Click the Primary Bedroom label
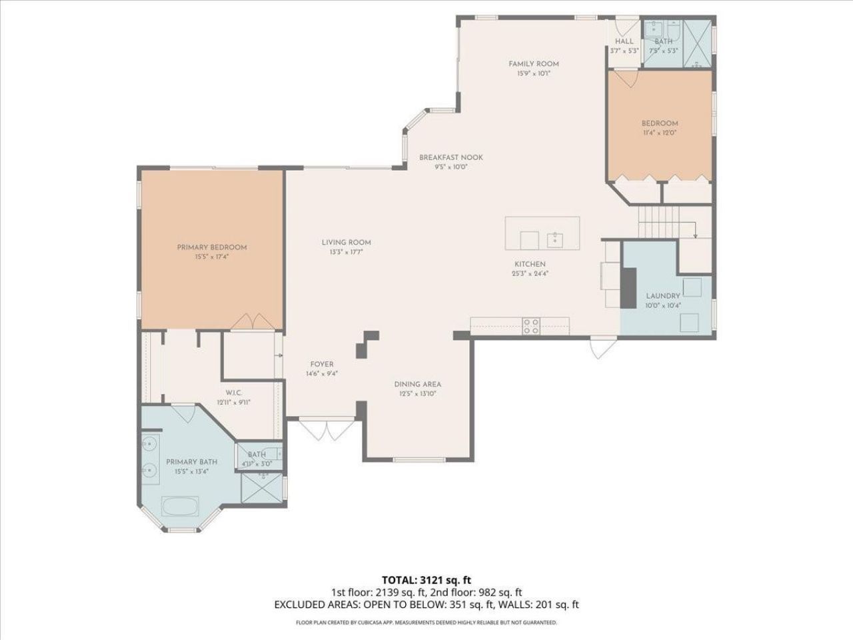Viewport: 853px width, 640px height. [x=211, y=247]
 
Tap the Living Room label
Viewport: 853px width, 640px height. [x=346, y=243]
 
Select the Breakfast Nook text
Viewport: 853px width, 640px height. [x=450, y=157]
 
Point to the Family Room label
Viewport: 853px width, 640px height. [x=533, y=64]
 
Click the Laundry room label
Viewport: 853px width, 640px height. [x=662, y=296]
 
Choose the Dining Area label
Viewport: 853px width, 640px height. [x=417, y=384]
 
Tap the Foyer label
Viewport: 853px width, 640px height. [x=321, y=365]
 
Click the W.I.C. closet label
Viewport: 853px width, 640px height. [x=233, y=393]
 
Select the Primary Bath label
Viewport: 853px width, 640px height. [x=191, y=462]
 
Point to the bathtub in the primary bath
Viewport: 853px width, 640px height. [x=180, y=506]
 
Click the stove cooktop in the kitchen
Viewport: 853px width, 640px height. [x=531, y=326]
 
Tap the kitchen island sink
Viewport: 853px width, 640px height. [x=554, y=239]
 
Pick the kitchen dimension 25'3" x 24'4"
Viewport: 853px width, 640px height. [x=530, y=273]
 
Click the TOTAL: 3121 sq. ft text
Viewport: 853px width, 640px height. [x=426, y=579]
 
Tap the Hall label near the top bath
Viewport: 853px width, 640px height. [x=624, y=41]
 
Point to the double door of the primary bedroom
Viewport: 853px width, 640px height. [x=251, y=321]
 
